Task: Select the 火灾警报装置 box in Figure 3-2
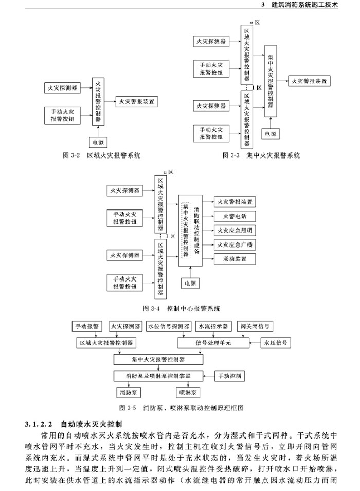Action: pos(137,101)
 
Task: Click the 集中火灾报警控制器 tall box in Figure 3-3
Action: pos(272,81)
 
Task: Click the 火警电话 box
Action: pos(235,216)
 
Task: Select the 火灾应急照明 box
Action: pos(235,230)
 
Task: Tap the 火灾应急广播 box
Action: pos(235,244)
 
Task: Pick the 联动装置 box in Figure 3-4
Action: pos(235,258)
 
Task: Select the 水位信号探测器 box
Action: pos(169,326)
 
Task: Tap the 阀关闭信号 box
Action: pos(255,326)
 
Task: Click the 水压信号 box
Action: pos(276,342)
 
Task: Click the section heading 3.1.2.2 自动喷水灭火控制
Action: pos(73,425)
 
